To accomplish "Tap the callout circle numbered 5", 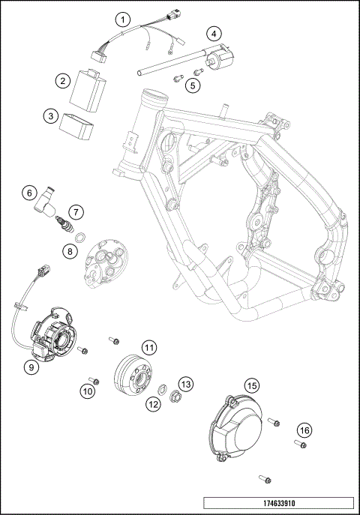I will click(193, 85).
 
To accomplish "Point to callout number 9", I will click(31, 367).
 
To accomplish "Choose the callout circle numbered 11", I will click(149, 347).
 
